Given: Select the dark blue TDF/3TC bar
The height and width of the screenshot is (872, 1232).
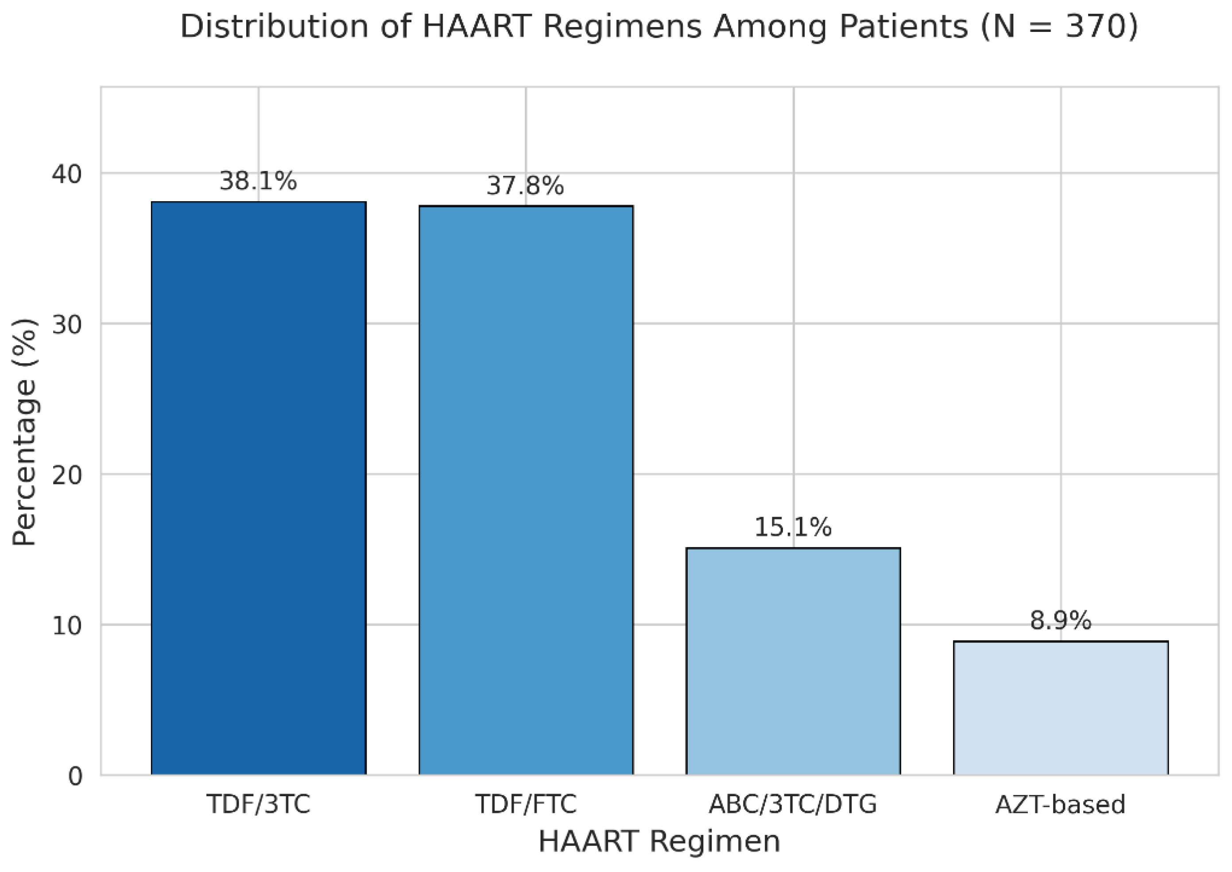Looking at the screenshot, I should tap(259, 489).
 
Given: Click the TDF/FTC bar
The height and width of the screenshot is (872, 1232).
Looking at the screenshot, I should tap(526, 490).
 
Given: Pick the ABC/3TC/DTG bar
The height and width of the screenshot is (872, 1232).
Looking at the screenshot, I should tap(793, 661).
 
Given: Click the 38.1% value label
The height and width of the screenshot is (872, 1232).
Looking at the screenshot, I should tap(258, 182).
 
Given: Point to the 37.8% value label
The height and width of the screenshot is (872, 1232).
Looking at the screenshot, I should tap(525, 187).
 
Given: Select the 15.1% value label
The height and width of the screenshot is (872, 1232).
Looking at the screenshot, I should tap(793, 527).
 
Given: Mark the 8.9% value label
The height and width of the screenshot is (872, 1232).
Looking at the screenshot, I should tap(1061, 621).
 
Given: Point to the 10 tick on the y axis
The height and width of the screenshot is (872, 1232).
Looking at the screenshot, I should tap(68, 626).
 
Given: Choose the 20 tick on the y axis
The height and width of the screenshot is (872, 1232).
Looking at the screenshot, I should tap(68, 475).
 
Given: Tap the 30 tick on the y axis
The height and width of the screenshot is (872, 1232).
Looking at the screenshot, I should tap(68, 324).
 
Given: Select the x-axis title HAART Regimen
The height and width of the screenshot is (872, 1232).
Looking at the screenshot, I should tap(659, 841).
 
